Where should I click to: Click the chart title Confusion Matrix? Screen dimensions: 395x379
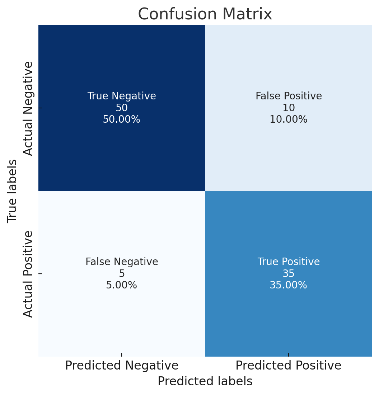205,14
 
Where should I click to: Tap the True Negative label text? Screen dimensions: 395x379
122,96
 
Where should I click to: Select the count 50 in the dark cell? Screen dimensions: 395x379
122,108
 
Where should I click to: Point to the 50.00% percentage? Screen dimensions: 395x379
122,119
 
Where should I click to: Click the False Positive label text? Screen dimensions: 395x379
289,96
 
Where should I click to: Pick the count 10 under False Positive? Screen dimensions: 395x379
289,108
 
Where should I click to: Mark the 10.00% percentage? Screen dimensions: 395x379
289,119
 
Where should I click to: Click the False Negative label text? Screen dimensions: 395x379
122,262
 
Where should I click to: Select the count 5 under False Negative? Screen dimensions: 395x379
122,274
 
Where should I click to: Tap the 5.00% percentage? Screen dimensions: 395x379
122,285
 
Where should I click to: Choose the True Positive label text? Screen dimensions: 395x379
289,262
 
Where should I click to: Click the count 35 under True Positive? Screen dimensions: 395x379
289,274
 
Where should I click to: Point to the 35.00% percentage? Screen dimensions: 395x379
289,285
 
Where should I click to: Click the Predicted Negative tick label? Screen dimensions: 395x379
122,366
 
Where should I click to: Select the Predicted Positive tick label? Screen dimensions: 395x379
289,366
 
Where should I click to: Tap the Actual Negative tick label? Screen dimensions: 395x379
28,108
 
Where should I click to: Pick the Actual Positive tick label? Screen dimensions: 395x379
28,274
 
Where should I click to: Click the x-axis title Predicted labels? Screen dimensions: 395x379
205,381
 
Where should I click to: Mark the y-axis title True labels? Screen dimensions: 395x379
13,191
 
